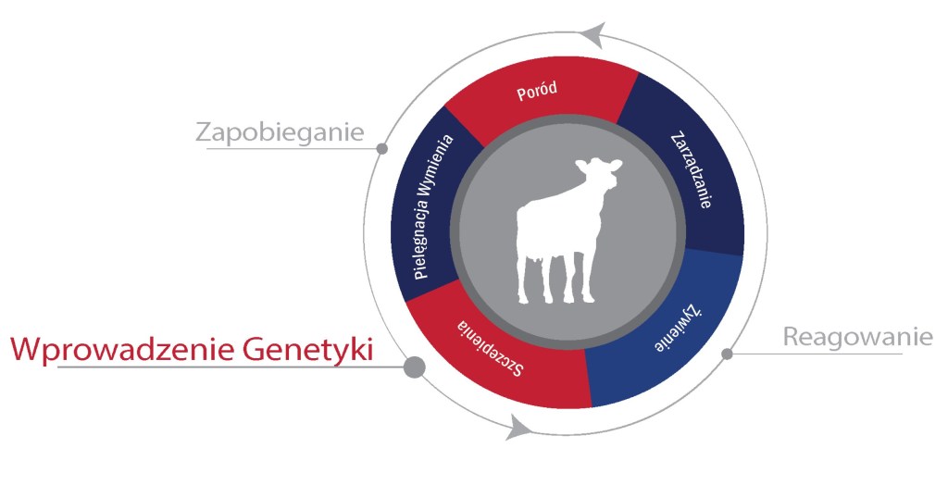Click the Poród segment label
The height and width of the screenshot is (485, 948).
point(537,92)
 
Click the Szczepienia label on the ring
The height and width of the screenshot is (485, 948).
point(489,347)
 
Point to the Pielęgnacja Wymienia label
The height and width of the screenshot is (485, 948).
point(433,206)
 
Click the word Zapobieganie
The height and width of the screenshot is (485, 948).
point(280,132)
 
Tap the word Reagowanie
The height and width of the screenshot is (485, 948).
point(858,336)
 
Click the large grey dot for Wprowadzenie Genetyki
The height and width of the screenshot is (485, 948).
point(414,367)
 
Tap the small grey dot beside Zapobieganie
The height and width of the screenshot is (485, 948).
point(381,148)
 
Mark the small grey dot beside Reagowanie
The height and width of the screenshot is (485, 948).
point(728,354)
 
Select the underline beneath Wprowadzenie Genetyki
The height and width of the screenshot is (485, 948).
point(230,367)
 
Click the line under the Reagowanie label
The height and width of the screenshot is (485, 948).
point(817,354)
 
